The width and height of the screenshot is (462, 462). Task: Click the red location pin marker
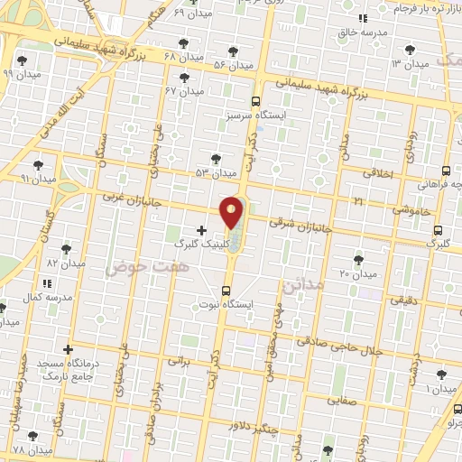(232, 212)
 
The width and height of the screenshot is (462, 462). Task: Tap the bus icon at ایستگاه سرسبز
(256, 101)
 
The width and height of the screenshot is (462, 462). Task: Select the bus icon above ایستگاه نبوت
(226, 291)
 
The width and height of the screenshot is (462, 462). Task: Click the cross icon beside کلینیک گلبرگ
(200, 231)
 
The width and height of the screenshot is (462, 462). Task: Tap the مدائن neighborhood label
(301, 285)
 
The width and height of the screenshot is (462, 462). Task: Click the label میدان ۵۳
(216, 171)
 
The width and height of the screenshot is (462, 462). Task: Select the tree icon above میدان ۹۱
(38, 164)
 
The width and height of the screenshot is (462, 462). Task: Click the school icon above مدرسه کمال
(46, 284)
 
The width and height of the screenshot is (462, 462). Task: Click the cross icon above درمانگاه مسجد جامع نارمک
(68, 348)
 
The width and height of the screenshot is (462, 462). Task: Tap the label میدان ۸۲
(66, 263)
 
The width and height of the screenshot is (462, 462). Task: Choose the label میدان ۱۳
(408, 64)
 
